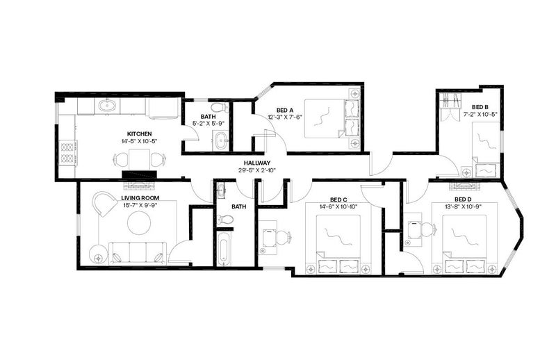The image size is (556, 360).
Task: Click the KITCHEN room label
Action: click(140, 134)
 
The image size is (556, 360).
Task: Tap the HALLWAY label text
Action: click(257, 163)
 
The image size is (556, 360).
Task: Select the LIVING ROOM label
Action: click(140, 198)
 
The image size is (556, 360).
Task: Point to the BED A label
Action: click(285, 111)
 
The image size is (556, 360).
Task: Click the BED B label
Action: click(480, 107)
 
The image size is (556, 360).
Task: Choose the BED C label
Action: click(338, 199)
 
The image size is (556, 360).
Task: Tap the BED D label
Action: click(463, 199)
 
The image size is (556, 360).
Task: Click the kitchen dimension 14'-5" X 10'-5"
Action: click(139, 141)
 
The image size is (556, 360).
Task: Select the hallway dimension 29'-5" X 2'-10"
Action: click(257, 170)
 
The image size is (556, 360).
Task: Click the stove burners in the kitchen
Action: click(67, 152)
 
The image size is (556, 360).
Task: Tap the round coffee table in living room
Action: click(139, 222)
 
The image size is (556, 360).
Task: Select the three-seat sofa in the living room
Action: click(138, 253)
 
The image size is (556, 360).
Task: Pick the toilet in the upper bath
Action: click(220, 107)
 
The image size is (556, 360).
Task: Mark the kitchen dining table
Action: click(139, 160)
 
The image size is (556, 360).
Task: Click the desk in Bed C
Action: click(268, 238)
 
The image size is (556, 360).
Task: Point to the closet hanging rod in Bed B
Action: click(450, 100)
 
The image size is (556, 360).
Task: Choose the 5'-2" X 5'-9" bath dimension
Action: click(208, 124)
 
